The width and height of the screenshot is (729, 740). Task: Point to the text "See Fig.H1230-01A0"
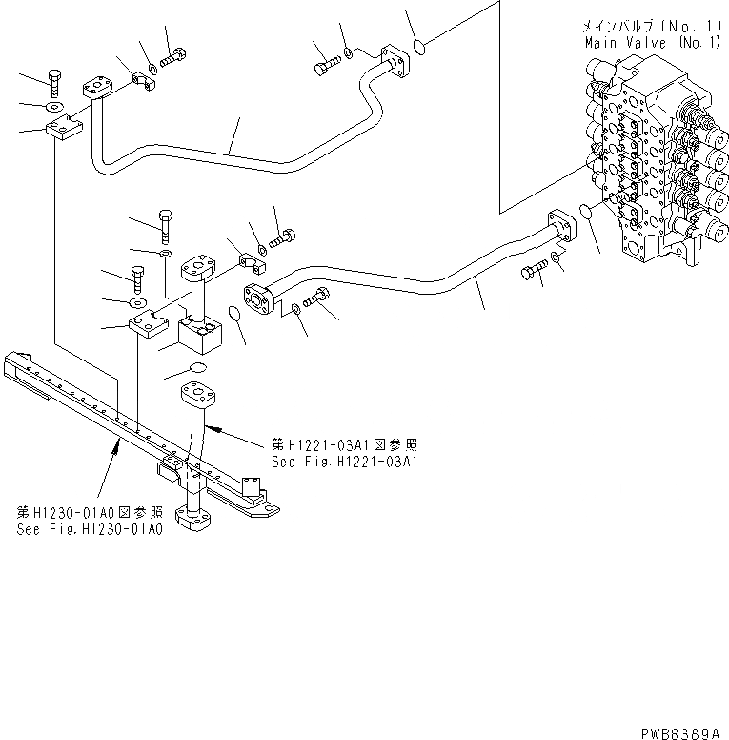coord(88,528)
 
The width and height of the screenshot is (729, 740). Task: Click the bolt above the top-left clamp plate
coord(54,82)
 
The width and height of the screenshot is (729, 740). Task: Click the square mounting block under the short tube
coord(194,335)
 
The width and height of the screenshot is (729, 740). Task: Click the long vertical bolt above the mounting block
coord(167,224)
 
